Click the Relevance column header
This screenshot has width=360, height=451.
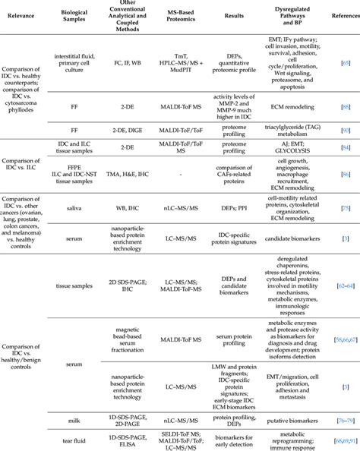click(25, 17)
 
